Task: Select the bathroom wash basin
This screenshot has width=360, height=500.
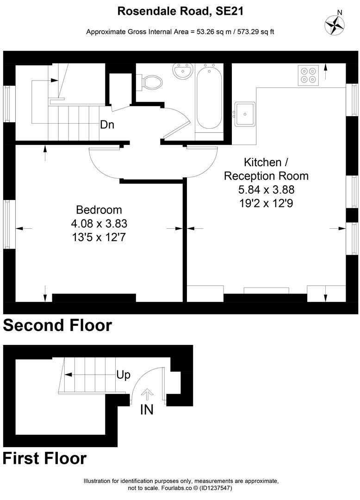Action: [183, 72]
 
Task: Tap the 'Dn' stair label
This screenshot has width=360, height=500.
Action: [107, 125]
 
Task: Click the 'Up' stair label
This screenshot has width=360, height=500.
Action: [123, 375]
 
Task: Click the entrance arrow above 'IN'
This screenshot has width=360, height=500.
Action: [147, 394]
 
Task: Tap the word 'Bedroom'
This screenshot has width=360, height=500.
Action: [99, 210]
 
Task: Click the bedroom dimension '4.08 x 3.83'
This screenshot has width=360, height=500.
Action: [99, 224]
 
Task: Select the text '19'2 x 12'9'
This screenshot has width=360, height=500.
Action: [266, 203]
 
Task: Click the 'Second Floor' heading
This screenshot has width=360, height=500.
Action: [57, 325]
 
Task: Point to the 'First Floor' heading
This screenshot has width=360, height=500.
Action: [45, 458]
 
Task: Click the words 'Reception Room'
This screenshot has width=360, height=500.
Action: [266, 176]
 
